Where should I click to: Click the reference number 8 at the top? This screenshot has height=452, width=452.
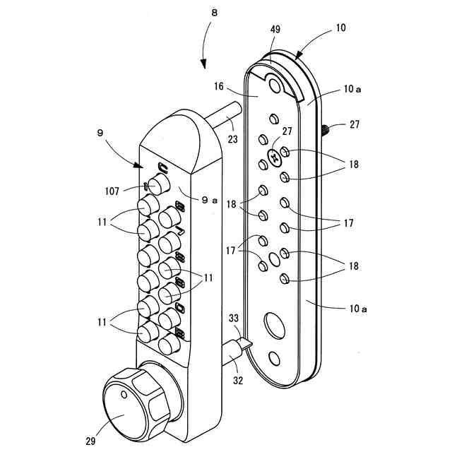click(214, 13)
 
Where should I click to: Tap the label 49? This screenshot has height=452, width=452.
click(275, 29)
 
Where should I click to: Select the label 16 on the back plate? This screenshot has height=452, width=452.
click(219, 86)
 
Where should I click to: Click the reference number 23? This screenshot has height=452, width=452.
click(232, 139)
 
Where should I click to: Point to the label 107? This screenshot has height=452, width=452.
click(112, 191)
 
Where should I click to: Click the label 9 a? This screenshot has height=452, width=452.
click(210, 200)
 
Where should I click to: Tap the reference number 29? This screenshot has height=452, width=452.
click(90, 441)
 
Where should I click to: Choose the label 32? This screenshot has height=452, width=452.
click(238, 381)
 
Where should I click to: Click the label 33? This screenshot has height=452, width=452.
click(234, 318)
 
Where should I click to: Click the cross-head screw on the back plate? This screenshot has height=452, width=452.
click(274, 157)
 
